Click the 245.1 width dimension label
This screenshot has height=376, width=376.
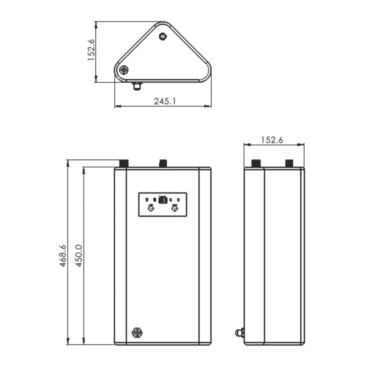[x=165, y=101]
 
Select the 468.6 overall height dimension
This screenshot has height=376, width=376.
[x=62, y=256]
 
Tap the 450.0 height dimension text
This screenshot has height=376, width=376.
[x=79, y=256]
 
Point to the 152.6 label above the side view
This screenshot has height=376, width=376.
[x=272, y=140]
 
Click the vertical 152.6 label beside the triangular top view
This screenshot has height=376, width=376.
[x=91, y=50]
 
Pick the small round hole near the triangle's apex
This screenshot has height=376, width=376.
[x=163, y=36]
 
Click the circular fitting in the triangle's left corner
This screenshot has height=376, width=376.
[x=124, y=70]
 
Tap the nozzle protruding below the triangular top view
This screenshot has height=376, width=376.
[x=137, y=86]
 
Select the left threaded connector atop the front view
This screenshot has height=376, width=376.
[x=124, y=164]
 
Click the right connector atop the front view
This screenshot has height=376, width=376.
[x=163, y=164]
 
